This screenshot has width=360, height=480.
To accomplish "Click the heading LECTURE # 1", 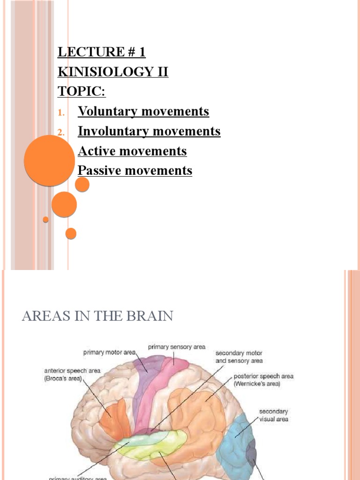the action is [x=101, y=52].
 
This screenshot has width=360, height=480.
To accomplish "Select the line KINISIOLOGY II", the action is [x=112, y=72].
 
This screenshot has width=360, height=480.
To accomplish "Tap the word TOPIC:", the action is [x=82, y=91].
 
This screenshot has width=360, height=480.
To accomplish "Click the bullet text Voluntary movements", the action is [x=143, y=112].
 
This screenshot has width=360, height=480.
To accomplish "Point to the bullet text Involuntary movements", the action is [x=149, y=131].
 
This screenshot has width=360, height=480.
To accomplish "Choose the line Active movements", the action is [x=132, y=151].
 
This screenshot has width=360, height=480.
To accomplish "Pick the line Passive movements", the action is [x=135, y=171].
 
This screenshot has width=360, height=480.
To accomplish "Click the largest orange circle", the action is [x=49, y=160].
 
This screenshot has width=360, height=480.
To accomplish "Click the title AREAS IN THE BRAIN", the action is [x=97, y=316].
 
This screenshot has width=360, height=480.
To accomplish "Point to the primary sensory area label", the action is [x=177, y=347].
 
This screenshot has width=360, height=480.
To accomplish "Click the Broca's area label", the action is [x=69, y=374].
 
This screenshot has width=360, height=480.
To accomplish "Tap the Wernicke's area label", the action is [x=263, y=380].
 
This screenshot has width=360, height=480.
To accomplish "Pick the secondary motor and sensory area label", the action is [x=239, y=357].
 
